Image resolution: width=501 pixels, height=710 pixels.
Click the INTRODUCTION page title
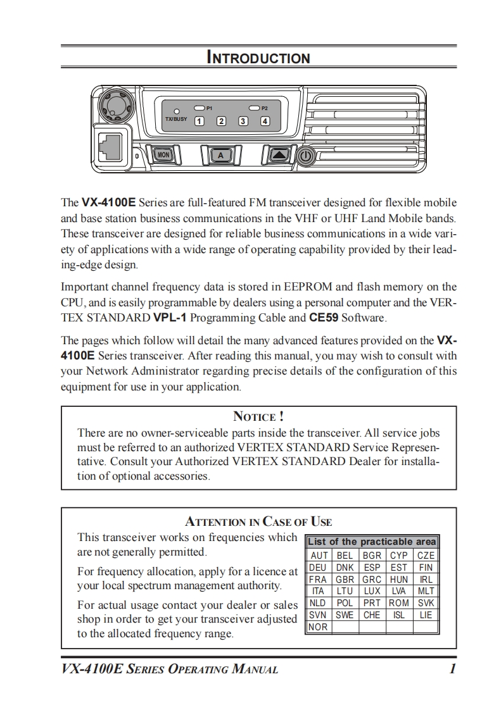258,58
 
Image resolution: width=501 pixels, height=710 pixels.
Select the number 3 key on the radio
243,121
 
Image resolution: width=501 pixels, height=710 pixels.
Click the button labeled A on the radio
220,155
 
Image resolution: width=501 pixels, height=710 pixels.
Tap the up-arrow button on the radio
279,155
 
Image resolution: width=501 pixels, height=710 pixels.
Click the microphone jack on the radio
112,146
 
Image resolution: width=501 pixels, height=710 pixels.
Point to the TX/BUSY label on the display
176,119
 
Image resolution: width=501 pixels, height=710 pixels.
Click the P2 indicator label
265,108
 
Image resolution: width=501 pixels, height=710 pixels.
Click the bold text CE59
324,316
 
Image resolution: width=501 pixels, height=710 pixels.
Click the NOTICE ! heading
258,416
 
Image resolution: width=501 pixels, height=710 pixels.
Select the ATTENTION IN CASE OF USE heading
258,522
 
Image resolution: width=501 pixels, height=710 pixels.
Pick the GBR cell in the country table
345,579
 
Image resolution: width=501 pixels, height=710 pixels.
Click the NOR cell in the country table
318,627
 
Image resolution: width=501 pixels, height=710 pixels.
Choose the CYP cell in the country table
398,555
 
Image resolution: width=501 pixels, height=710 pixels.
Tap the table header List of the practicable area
371,542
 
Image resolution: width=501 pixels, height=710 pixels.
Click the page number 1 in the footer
452,669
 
